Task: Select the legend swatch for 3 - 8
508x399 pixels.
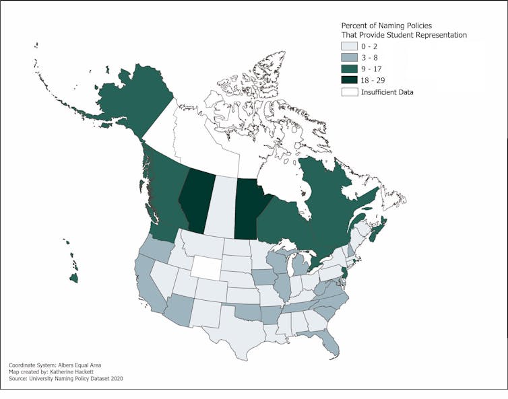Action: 349,59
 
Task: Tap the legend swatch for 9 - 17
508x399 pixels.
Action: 349,69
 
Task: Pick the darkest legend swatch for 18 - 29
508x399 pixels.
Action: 349,80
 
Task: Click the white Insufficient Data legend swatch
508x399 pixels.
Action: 349,92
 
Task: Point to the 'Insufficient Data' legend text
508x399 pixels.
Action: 387,92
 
